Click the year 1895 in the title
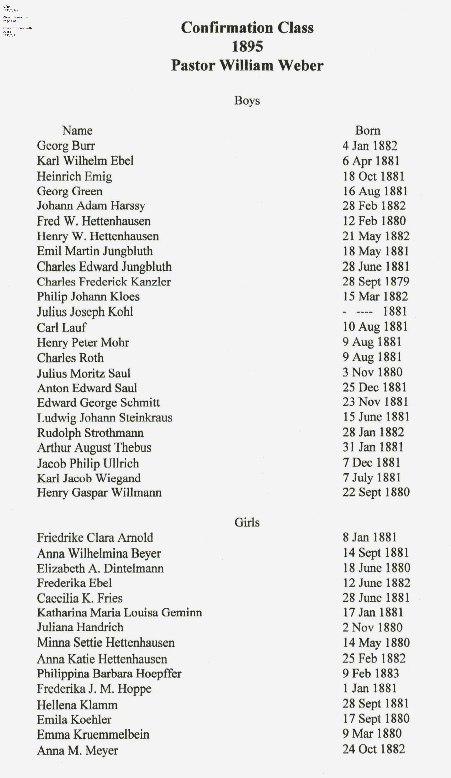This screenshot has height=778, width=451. pyautogui.click(x=247, y=47)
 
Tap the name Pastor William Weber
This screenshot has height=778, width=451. pyautogui.click(x=247, y=65)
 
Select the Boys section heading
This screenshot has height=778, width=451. pyautogui.click(x=247, y=101)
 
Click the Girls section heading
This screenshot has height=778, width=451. pyautogui.click(x=247, y=522)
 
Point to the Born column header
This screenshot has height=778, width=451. pyautogui.click(x=367, y=131)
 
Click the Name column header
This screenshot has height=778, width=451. pyautogui.click(x=77, y=131)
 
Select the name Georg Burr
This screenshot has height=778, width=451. pyautogui.click(x=66, y=146)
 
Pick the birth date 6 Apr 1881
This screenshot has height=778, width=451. pyautogui.click(x=371, y=161)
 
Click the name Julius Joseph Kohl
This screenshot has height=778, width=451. pyautogui.click(x=85, y=312)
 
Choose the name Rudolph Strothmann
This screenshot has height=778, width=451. pyautogui.click(x=90, y=433)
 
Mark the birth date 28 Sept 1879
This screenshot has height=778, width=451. pyautogui.click(x=376, y=282)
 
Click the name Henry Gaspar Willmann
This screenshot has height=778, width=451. pyautogui.click(x=99, y=493)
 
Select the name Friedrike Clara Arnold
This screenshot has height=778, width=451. pyautogui.click(x=95, y=538)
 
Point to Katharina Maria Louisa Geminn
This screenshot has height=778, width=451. pyautogui.click(x=119, y=612)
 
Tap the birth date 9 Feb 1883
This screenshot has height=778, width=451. pyautogui.click(x=371, y=673)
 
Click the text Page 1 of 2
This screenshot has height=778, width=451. pyautogui.click(x=11, y=21)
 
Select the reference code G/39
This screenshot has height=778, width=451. pyautogui.click(x=6, y=6)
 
